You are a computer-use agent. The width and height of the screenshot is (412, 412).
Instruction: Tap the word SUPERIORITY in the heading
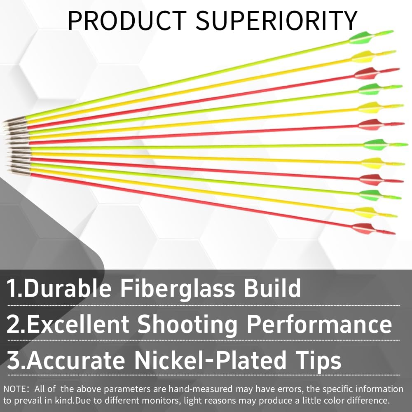tap(276, 21)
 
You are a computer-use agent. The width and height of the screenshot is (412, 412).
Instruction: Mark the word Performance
tap(319, 325)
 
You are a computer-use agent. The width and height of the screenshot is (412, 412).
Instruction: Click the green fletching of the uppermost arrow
tap(361, 38)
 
